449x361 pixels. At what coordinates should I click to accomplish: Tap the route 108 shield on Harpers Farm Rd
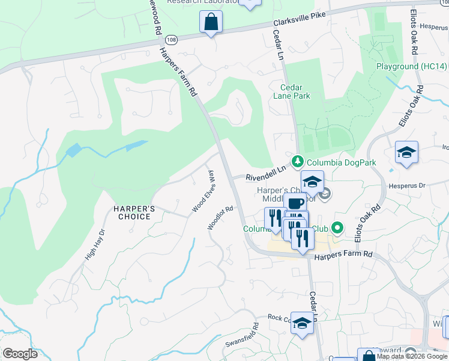tap(172, 39)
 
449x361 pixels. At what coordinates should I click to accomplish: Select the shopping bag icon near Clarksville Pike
tap(211, 22)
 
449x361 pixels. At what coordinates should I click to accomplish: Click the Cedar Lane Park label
tap(291, 91)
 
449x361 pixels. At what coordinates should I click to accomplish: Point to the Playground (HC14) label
tap(412, 66)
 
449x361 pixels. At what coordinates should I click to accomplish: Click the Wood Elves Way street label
tap(202, 191)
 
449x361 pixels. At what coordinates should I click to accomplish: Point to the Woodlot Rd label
tap(220, 217)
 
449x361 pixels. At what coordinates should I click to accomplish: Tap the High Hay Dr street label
tap(95, 244)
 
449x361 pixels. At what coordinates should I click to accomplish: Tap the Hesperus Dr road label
tap(408, 186)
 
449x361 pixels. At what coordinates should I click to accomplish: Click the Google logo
tap(20, 353)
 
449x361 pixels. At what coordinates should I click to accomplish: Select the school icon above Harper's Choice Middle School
tap(312, 181)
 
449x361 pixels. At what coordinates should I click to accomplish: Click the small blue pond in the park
tap(73, 150)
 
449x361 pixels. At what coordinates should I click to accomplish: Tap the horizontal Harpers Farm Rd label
tap(344, 255)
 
